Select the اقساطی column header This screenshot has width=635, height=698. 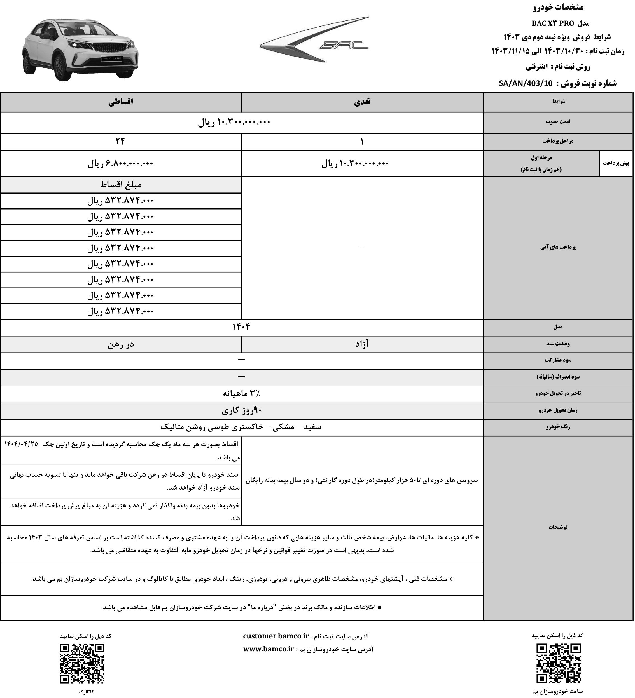pyautogui.click(x=121, y=102)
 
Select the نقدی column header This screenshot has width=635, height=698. pyautogui.click(x=362, y=102)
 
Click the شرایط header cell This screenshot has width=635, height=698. pyautogui.click(x=558, y=102)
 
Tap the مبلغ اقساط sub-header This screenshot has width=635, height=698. pyautogui.click(x=121, y=185)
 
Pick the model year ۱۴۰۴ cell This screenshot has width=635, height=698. pyautogui.click(x=241, y=327)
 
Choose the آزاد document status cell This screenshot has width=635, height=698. pyautogui.click(x=362, y=344)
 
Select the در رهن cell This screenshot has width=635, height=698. pyautogui.click(x=121, y=344)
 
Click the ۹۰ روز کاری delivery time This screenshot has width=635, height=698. pyautogui.click(x=241, y=411)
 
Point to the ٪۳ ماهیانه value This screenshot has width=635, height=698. pyautogui.click(x=241, y=394)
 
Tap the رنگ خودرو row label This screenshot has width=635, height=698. pyautogui.click(x=558, y=427)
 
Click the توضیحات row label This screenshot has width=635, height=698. pyautogui.click(x=558, y=527)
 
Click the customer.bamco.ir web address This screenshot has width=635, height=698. pyautogui.click(x=276, y=636)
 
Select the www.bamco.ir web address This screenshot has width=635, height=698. pyautogui.click(x=269, y=649)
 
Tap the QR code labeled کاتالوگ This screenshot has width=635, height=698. pyautogui.click(x=82, y=663)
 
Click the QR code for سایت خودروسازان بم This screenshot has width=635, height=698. pyautogui.click(x=559, y=663)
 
